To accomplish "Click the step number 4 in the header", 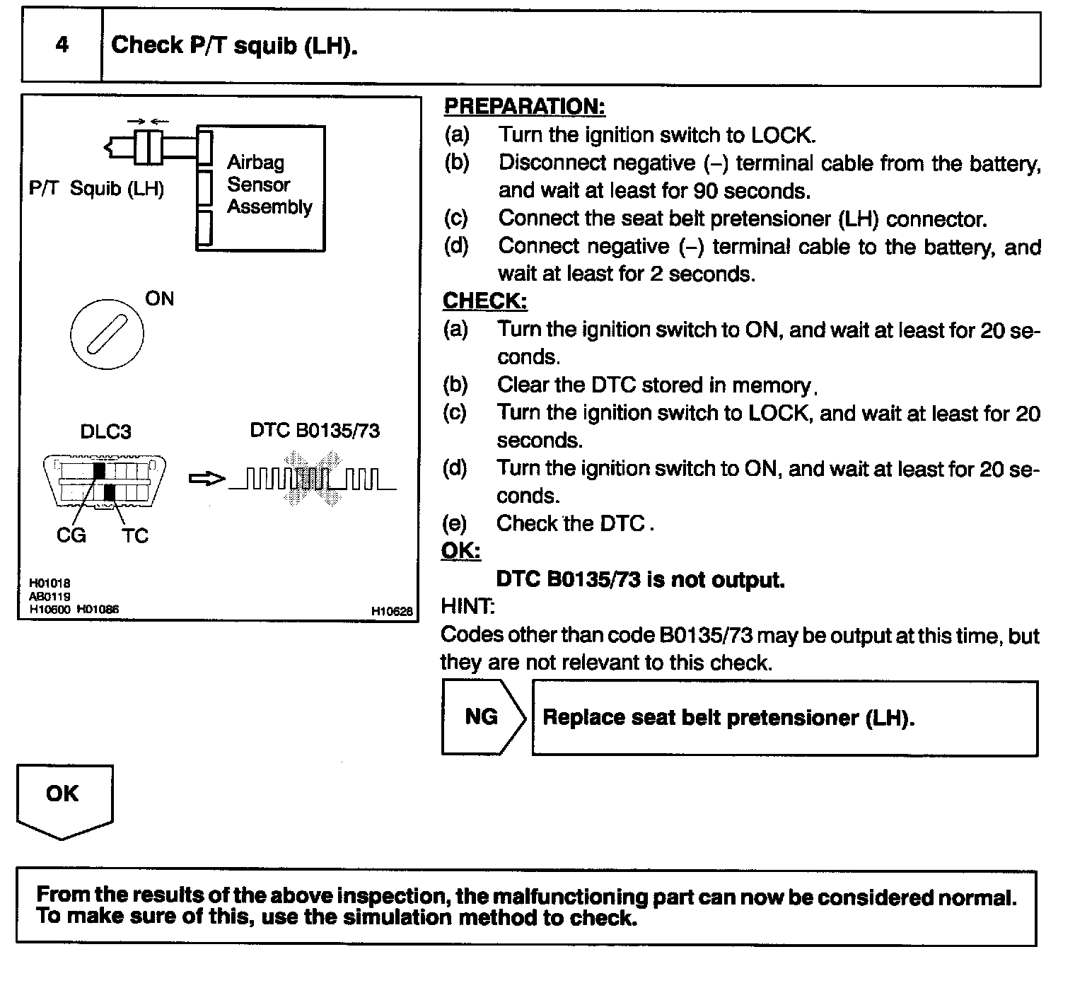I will [62, 45].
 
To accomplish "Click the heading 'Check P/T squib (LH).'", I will [234, 45].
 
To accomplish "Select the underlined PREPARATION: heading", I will [524, 107].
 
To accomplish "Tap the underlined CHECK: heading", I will [484, 301].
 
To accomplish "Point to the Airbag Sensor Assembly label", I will [269, 185].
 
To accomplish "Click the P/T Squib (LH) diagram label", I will [96, 189].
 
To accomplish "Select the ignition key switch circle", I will [107, 333].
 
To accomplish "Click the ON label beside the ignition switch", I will [159, 298].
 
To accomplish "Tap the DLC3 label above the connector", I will [105, 431].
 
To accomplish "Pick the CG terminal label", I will [71, 535].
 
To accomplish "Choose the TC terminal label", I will [134, 536].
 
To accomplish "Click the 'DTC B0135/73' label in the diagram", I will [315, 431].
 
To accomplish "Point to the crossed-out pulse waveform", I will [312, 479].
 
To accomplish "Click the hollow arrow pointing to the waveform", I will [207, 479].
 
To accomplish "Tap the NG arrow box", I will [483, 717].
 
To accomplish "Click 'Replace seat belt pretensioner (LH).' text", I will [728, 718].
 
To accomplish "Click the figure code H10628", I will [391, 611].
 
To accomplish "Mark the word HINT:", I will [467, 606].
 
